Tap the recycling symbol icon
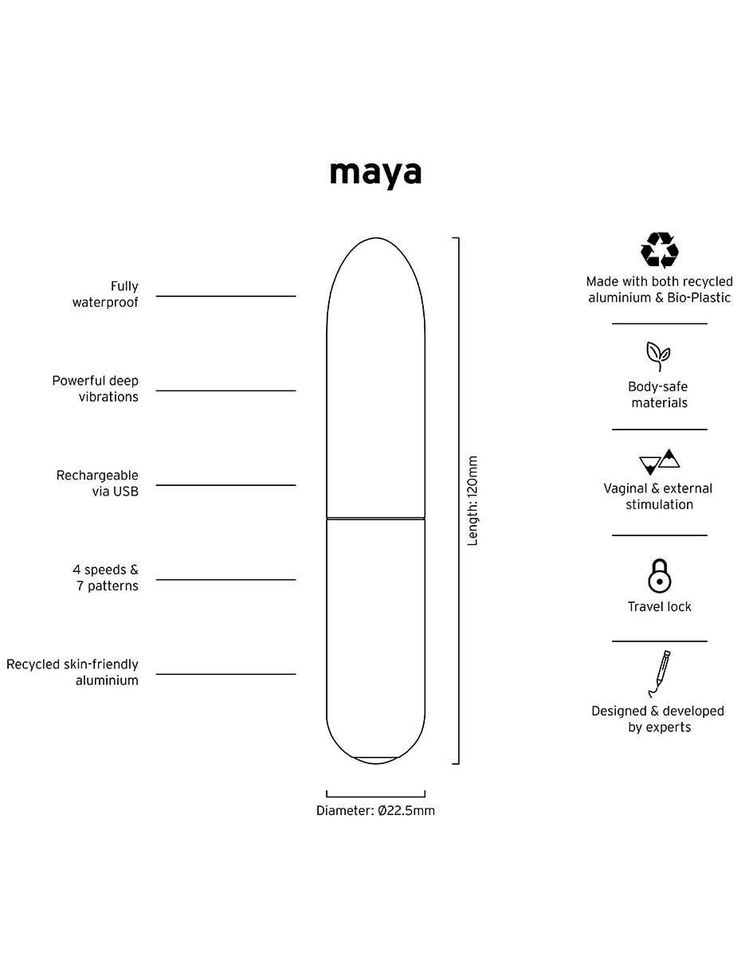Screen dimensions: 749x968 click(x=659, y=250)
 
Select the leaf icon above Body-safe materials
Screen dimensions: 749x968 click(x=657, y=356)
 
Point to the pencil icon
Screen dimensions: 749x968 click(x=659, y=673)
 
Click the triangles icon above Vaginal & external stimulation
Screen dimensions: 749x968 click(x=659, y=462)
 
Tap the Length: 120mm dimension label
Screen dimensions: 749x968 click(x=472, y=500)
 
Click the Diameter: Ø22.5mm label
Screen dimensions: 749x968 click(x=375, y=810)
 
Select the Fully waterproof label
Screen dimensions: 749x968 click(x=105, y=294)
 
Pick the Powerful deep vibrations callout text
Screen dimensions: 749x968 click(x=95, y=389)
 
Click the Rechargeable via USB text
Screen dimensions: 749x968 click(x=97, y=483)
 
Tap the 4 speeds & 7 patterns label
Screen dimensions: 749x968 click(x=105, y=578)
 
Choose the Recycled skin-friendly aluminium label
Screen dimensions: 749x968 click(x=73, y=672)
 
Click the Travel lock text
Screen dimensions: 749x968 click(x=659, y=606)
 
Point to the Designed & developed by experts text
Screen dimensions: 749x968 click(x=657, y=719)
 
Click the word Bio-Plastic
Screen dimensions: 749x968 click(x=699, y=298)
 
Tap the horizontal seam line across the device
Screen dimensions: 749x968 click(x=375, y=518)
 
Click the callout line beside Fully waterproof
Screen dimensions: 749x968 click(x=225, y=296)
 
